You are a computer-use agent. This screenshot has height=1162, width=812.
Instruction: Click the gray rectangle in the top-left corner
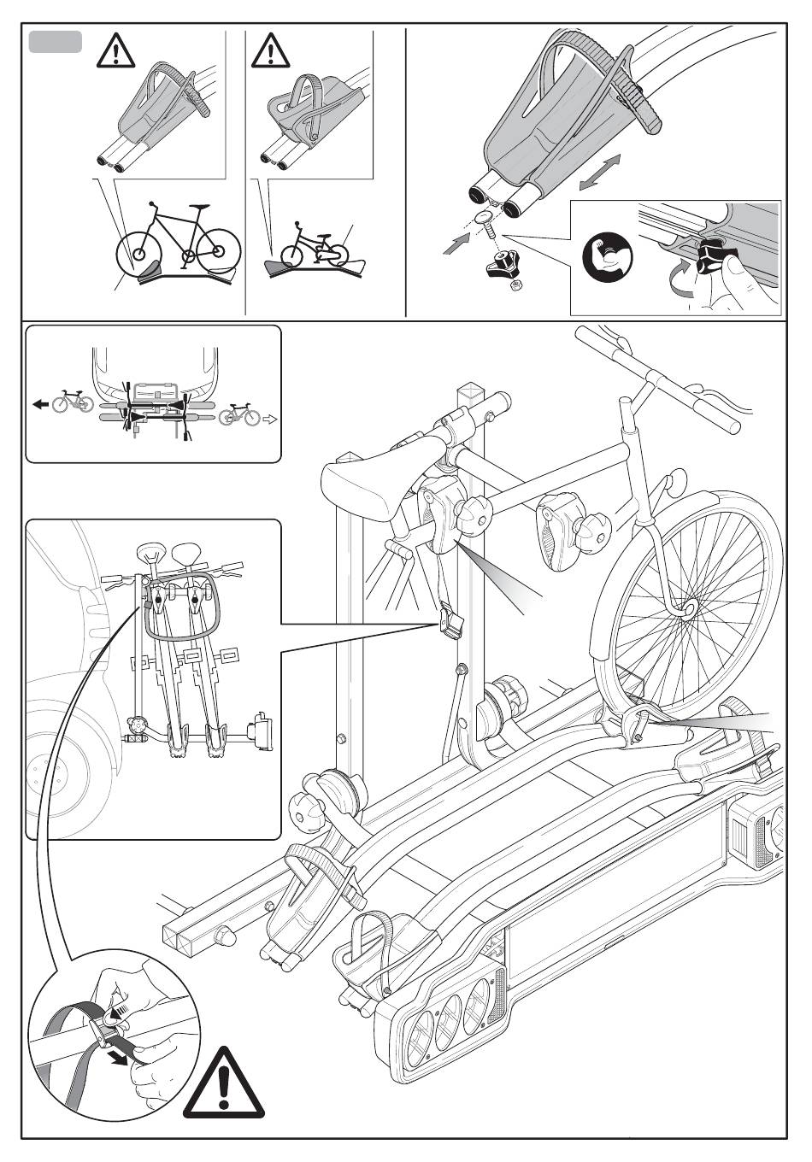click(56, 42)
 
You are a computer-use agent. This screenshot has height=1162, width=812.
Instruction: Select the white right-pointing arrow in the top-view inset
click(270, 419)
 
